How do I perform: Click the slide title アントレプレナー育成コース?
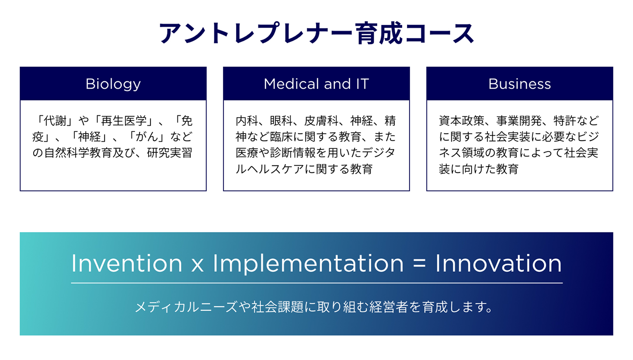(316, 33)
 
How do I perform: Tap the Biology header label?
(113, 84)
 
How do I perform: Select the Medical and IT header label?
(316, 84)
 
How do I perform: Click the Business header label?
(520, 84)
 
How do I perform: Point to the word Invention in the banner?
(127, 263)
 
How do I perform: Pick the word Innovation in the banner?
(498, 263)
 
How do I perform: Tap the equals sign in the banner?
(419, 264)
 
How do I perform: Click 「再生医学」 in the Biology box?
(124, 121)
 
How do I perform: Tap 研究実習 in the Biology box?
(170, 153)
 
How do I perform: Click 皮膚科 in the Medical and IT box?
(321, 121)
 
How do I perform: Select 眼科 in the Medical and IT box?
(281, 121)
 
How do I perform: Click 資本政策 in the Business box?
(462, 121)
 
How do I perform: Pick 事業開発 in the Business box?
(519, 121)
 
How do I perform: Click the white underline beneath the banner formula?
(317, 283)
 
